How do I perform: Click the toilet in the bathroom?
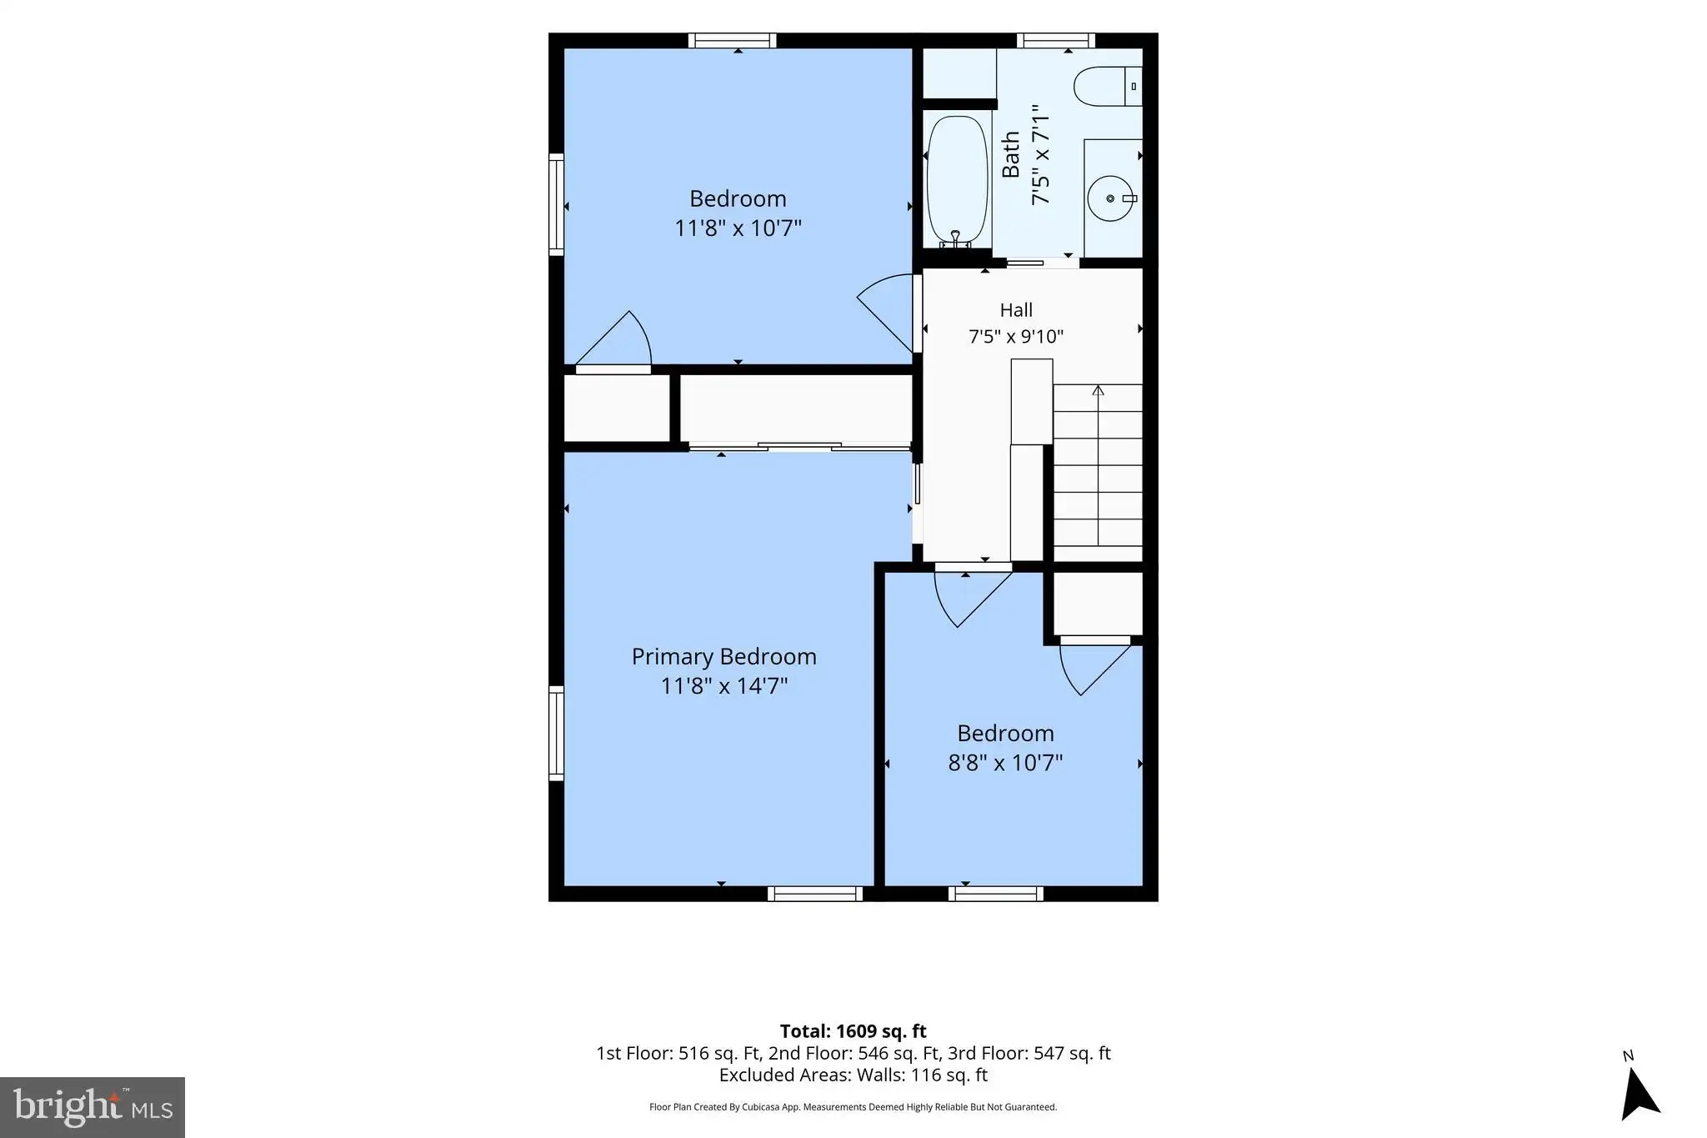click(x=1108, y=86)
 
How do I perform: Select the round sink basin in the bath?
click(x=1111, y=198)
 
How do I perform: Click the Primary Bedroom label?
click(x=723, y=656)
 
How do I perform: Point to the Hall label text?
click(x=1016, y=310)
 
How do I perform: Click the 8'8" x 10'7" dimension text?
click(x=1005, y=762)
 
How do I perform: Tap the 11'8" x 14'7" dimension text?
click(x=723, y=685)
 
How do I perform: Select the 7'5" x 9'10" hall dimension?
click(x=1016, y=336)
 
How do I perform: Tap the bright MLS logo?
click(x=93, y=1107)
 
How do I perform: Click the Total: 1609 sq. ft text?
click(x=853, y=1031)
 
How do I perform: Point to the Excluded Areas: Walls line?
click(x=853, y=1075)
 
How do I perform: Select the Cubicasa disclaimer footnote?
click(x=853, y=1107)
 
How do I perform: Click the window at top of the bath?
click(x=1056, y=40)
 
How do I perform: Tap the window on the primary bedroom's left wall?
click(x=556, y=733)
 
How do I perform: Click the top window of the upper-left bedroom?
click(x=732, y=40)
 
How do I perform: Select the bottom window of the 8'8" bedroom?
click(x=995, y=894)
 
